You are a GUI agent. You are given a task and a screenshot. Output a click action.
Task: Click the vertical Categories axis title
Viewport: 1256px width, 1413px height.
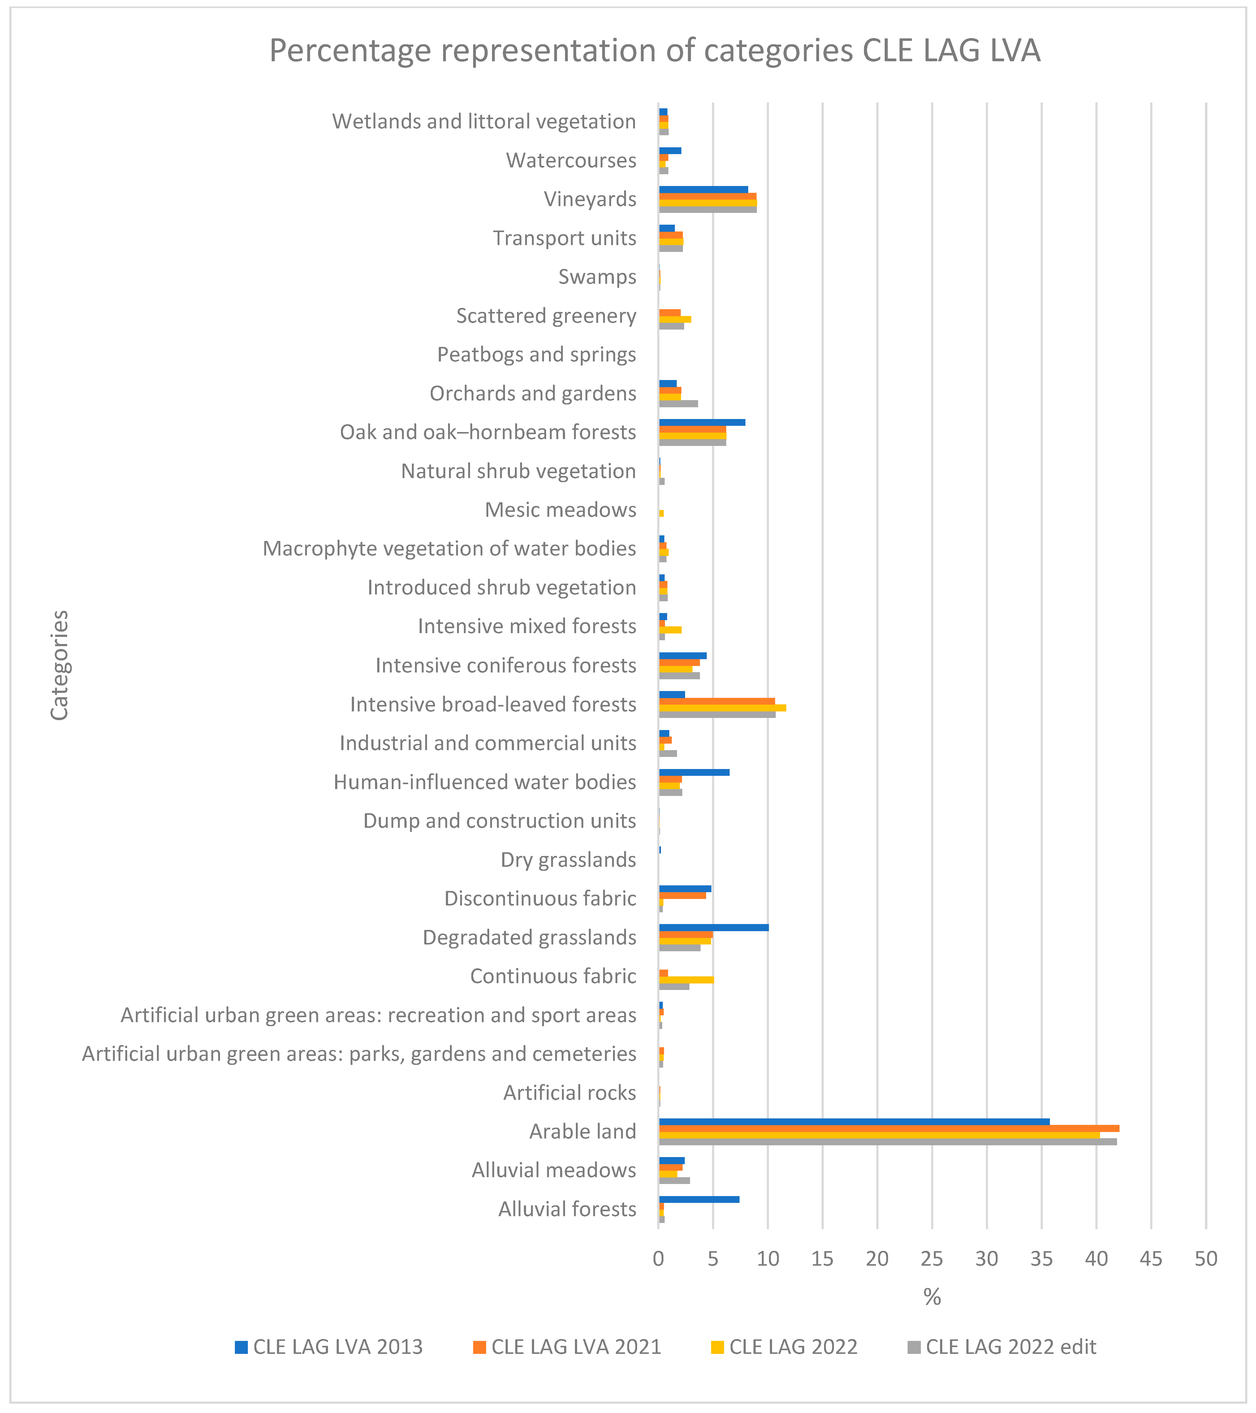59,665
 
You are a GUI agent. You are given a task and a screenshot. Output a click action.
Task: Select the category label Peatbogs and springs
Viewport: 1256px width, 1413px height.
537,355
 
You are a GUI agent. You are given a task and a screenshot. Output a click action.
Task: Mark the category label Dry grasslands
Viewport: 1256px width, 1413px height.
568,859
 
